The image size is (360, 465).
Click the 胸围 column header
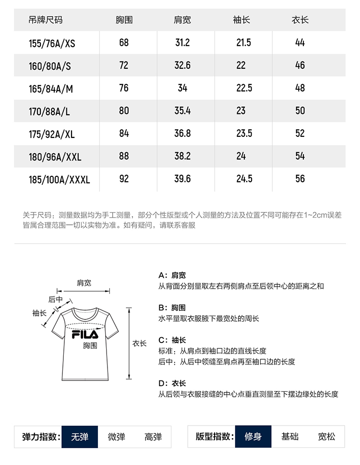[124, 20]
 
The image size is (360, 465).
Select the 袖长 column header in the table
[241, 20]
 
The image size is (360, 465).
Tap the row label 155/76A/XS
[52, 43]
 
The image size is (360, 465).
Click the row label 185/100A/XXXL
[59, 180]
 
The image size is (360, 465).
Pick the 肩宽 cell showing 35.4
[182, 111]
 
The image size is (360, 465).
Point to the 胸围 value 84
[124, 134]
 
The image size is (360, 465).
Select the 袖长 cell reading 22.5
[244, 88]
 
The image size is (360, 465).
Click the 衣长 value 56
[300, 179]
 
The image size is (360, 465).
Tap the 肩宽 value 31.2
[182, 43]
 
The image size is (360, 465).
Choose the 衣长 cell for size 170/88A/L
[300, 111]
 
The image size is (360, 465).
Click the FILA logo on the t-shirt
[85, 334]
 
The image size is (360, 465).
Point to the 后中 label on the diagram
[55, 299]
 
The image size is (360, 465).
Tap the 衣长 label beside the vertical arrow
[139, 343]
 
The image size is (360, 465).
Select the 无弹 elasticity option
[80, 437]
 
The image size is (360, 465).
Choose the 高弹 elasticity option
[153, 437]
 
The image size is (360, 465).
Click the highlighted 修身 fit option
[253, 437]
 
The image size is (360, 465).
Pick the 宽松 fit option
[327, 437]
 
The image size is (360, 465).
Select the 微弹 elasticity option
[116, 437]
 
